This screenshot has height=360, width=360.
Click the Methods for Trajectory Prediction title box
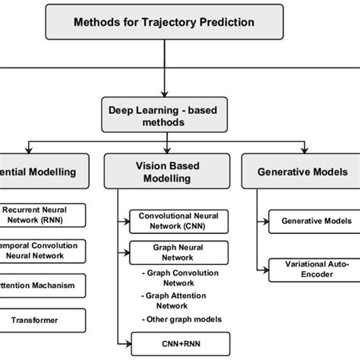coord(163,21)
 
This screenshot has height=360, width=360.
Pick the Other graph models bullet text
coord(181,319)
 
